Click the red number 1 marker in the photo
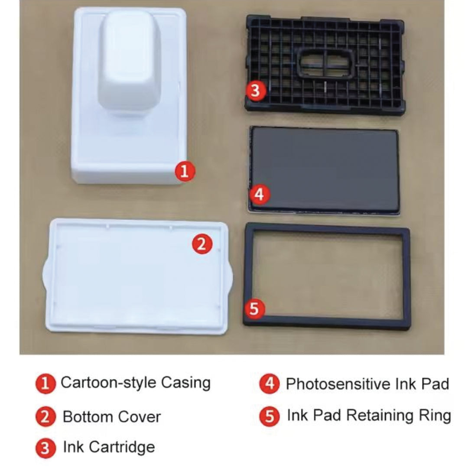185,171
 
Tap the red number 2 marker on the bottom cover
202,244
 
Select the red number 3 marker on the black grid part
256,91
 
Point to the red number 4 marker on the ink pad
260,195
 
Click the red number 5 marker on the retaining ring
254,309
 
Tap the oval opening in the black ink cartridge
327,63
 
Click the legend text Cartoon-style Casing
136,383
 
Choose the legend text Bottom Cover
112,417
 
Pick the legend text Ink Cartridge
109,447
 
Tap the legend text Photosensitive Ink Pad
367,384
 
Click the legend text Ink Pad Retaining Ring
369,416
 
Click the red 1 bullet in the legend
45,383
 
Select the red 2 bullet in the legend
45,417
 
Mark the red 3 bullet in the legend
45,448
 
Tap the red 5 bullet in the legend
270,416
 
